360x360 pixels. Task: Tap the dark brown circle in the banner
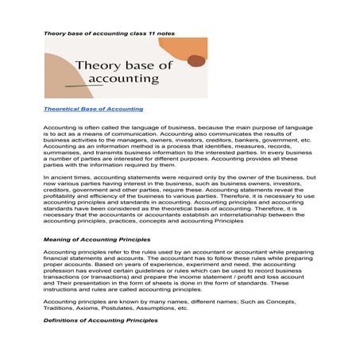pyautogui.click(x=195, y=61)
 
